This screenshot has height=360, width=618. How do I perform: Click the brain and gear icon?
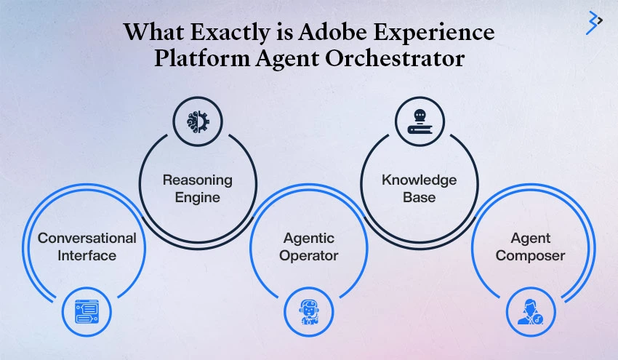pyautogui.click(x=198, y=121)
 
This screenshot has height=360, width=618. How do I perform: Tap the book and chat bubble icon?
pyautogui.click(x=420, y=121)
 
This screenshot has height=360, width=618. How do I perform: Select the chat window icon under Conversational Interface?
pyautogui.click(x=87, y=312)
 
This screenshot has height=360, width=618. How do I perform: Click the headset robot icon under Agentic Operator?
pyautogui.click(x=308, y=312)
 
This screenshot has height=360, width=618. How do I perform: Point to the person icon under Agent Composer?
pyautogui.click(x=531, y=312)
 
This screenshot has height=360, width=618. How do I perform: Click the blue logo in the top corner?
pyautogui.click(x=594, y=23)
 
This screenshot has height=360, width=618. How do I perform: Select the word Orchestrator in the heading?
pyautogui.click(x=395, y=58)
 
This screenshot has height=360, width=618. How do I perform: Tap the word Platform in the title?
pyautogui.click(x=202, y=58)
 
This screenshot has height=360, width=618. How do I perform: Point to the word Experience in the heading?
pyautogui.click(x=434, y=32)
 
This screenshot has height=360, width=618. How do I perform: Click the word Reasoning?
pyautogui.click(x=198, y=180)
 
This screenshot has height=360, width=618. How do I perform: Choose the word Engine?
pyautogui.click(x=198, y=198)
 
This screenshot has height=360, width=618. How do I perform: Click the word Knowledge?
pyautogui.click(x=420, y=180)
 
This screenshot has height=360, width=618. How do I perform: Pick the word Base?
pyautogui.click(x=420, y=197)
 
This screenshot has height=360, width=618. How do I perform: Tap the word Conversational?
pyautogui.click(x=87, y=238)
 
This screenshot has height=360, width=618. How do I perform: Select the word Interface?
pyautogui.click(x=87, y=255)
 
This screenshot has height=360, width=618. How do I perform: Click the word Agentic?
pyautogui.click(x=309, y=239)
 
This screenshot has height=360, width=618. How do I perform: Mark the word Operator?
pyautogui.click(x=309, y=256)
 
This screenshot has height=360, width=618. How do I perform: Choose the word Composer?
pyautogui.click(x=531, y=256)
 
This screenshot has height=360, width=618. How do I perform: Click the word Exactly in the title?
pyautogui.click(x=230, y=32)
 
